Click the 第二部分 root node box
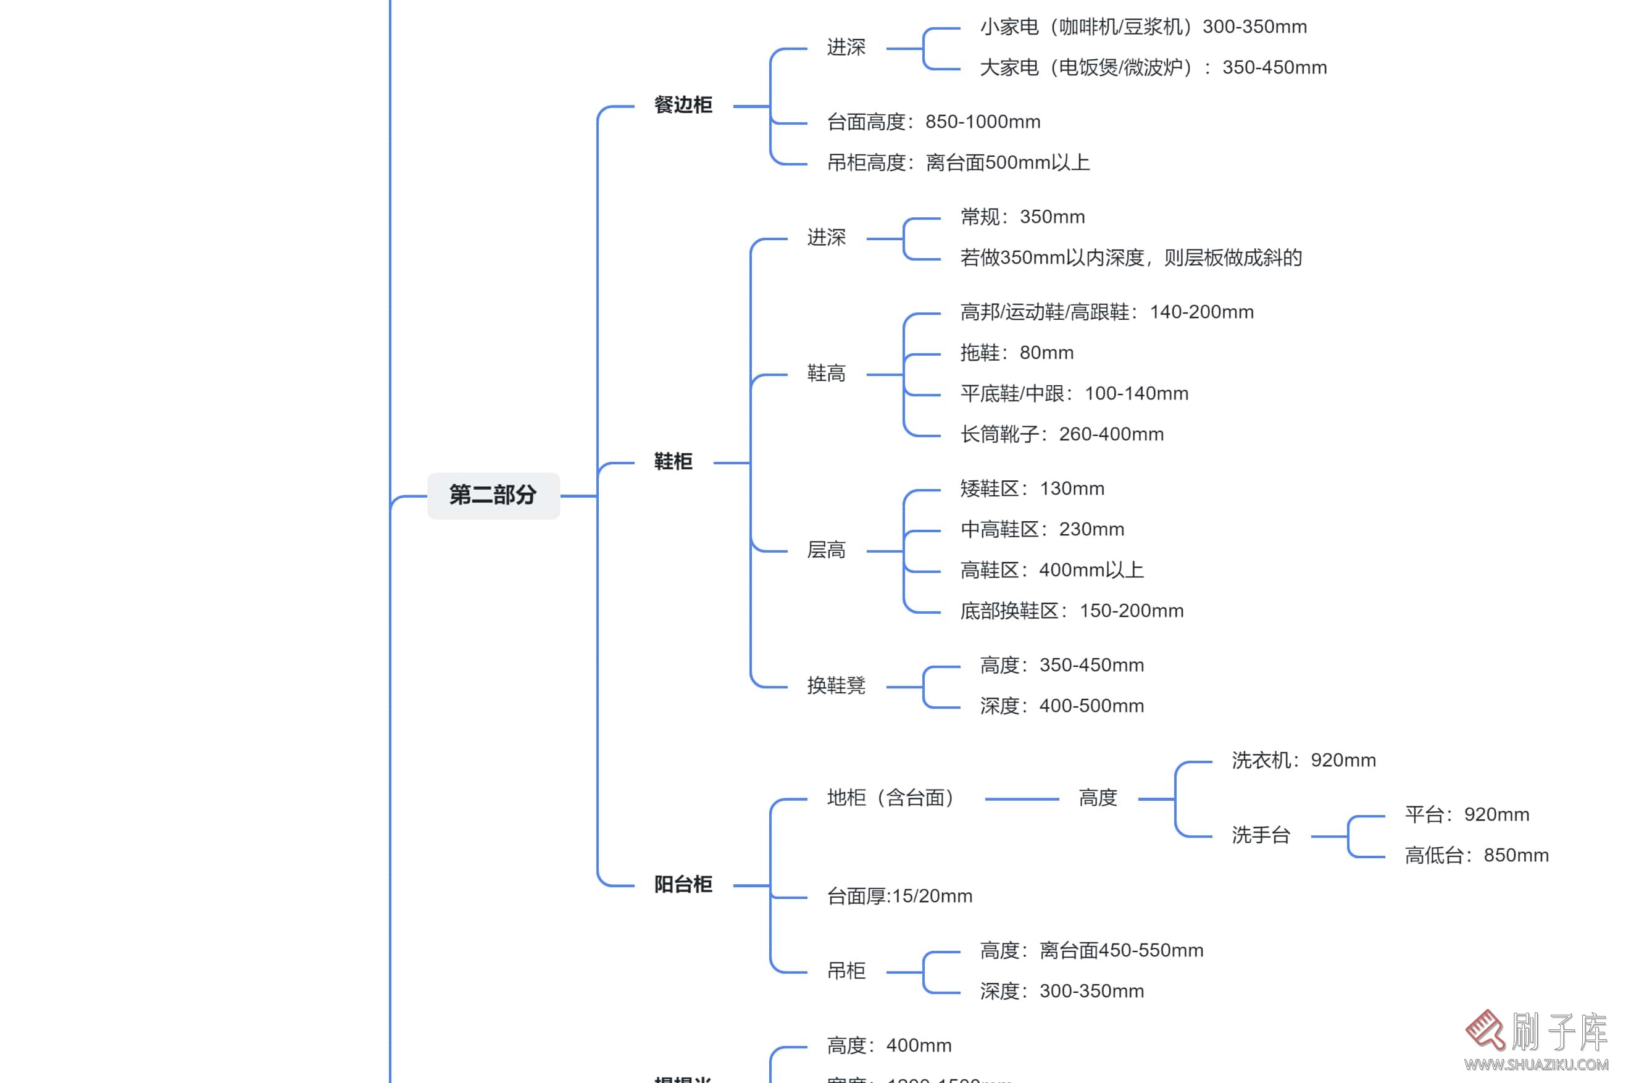tap(493, 495)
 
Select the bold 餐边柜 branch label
tap(683, 105)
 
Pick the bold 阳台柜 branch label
tap(683, 884)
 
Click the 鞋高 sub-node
tap(826, 374)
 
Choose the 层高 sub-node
tap(826, 551)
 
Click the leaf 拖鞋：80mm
tap(1016, 353)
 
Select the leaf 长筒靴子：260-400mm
tap(1061, 435)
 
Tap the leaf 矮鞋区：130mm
tap(1032, 489)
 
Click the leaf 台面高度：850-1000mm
tap(933, 122)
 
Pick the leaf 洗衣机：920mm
tap(1303, 761)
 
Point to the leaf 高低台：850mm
tap(1475, 856)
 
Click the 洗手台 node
tap(1260, 836)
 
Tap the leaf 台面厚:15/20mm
tap(899, 897)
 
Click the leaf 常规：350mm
tap(1022, 217)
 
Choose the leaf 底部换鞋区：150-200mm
tap(1071, 611)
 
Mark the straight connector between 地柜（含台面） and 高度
tap(1021, 799)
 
